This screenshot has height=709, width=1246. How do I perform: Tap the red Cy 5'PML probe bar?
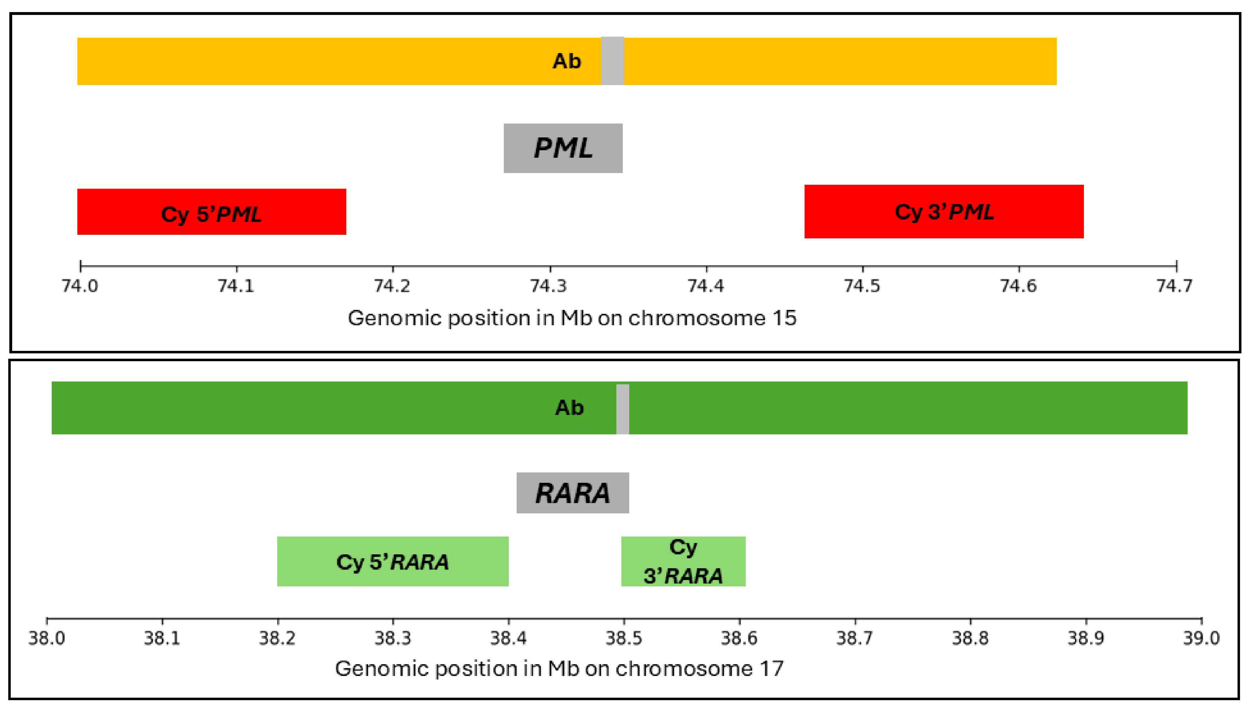point(211,212)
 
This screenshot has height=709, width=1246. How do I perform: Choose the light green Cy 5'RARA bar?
point(393,561)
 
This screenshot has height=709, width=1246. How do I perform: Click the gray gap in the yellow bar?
point(612,61)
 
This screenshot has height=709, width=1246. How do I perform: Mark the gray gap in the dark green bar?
point(622,409)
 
